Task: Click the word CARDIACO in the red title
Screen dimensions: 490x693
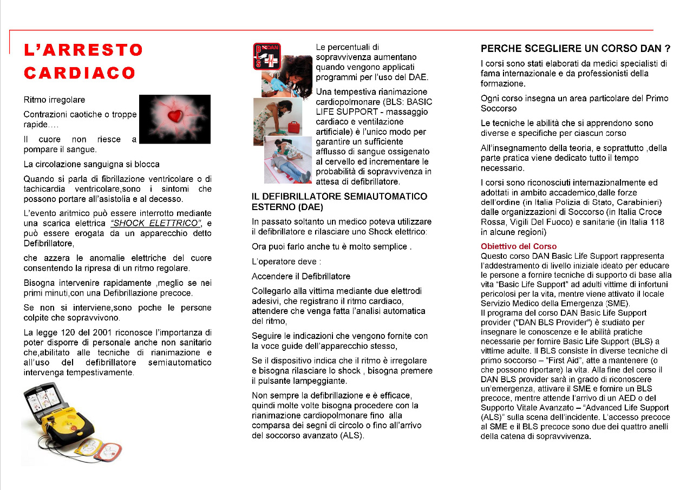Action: click(80, 73)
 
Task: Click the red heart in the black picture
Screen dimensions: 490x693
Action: click(175, 115)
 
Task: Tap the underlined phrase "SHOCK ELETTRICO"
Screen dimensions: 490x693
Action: click(155, 224)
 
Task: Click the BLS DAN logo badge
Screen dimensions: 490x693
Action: click(266, 57)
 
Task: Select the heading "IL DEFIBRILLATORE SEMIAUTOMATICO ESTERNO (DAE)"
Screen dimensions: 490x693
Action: click(339, 201)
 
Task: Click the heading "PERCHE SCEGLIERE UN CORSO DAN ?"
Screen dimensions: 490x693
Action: click(576, 49)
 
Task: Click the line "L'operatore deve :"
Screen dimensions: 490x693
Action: click(286, 262)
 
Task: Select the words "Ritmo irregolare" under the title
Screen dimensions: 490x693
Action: click(54, 100)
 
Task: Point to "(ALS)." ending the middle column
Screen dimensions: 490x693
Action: click(352, 435)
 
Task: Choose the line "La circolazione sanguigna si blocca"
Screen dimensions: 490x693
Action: click(91, 164)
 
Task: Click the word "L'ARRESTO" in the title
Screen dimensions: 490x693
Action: click(83, 50)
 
